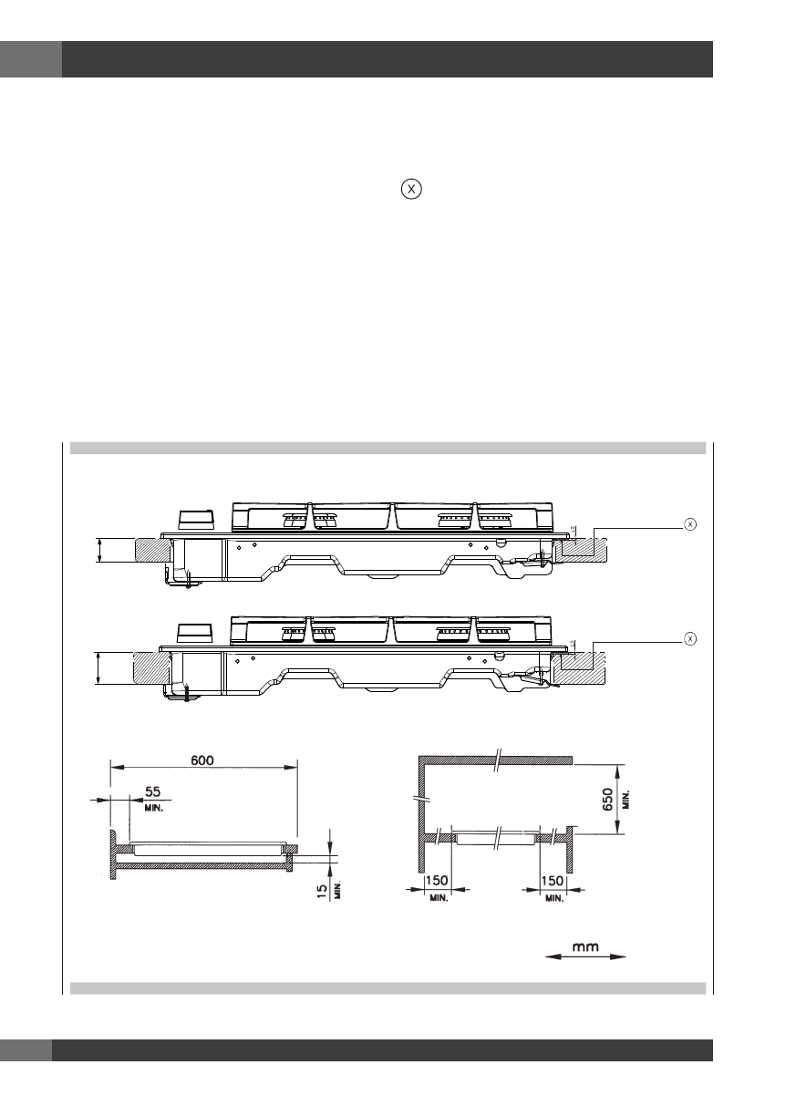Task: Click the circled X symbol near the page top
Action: [411, 189]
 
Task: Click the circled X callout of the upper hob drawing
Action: [690, 524]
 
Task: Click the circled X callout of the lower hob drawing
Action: [690, 639]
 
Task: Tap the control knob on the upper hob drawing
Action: [197, 519]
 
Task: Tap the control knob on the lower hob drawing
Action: [197, 633]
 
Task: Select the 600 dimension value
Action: [202, 760]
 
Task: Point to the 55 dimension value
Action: [153, 791]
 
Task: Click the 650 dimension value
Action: [608, 799]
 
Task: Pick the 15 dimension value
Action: [322, 891]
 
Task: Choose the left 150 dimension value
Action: [437, 881]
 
